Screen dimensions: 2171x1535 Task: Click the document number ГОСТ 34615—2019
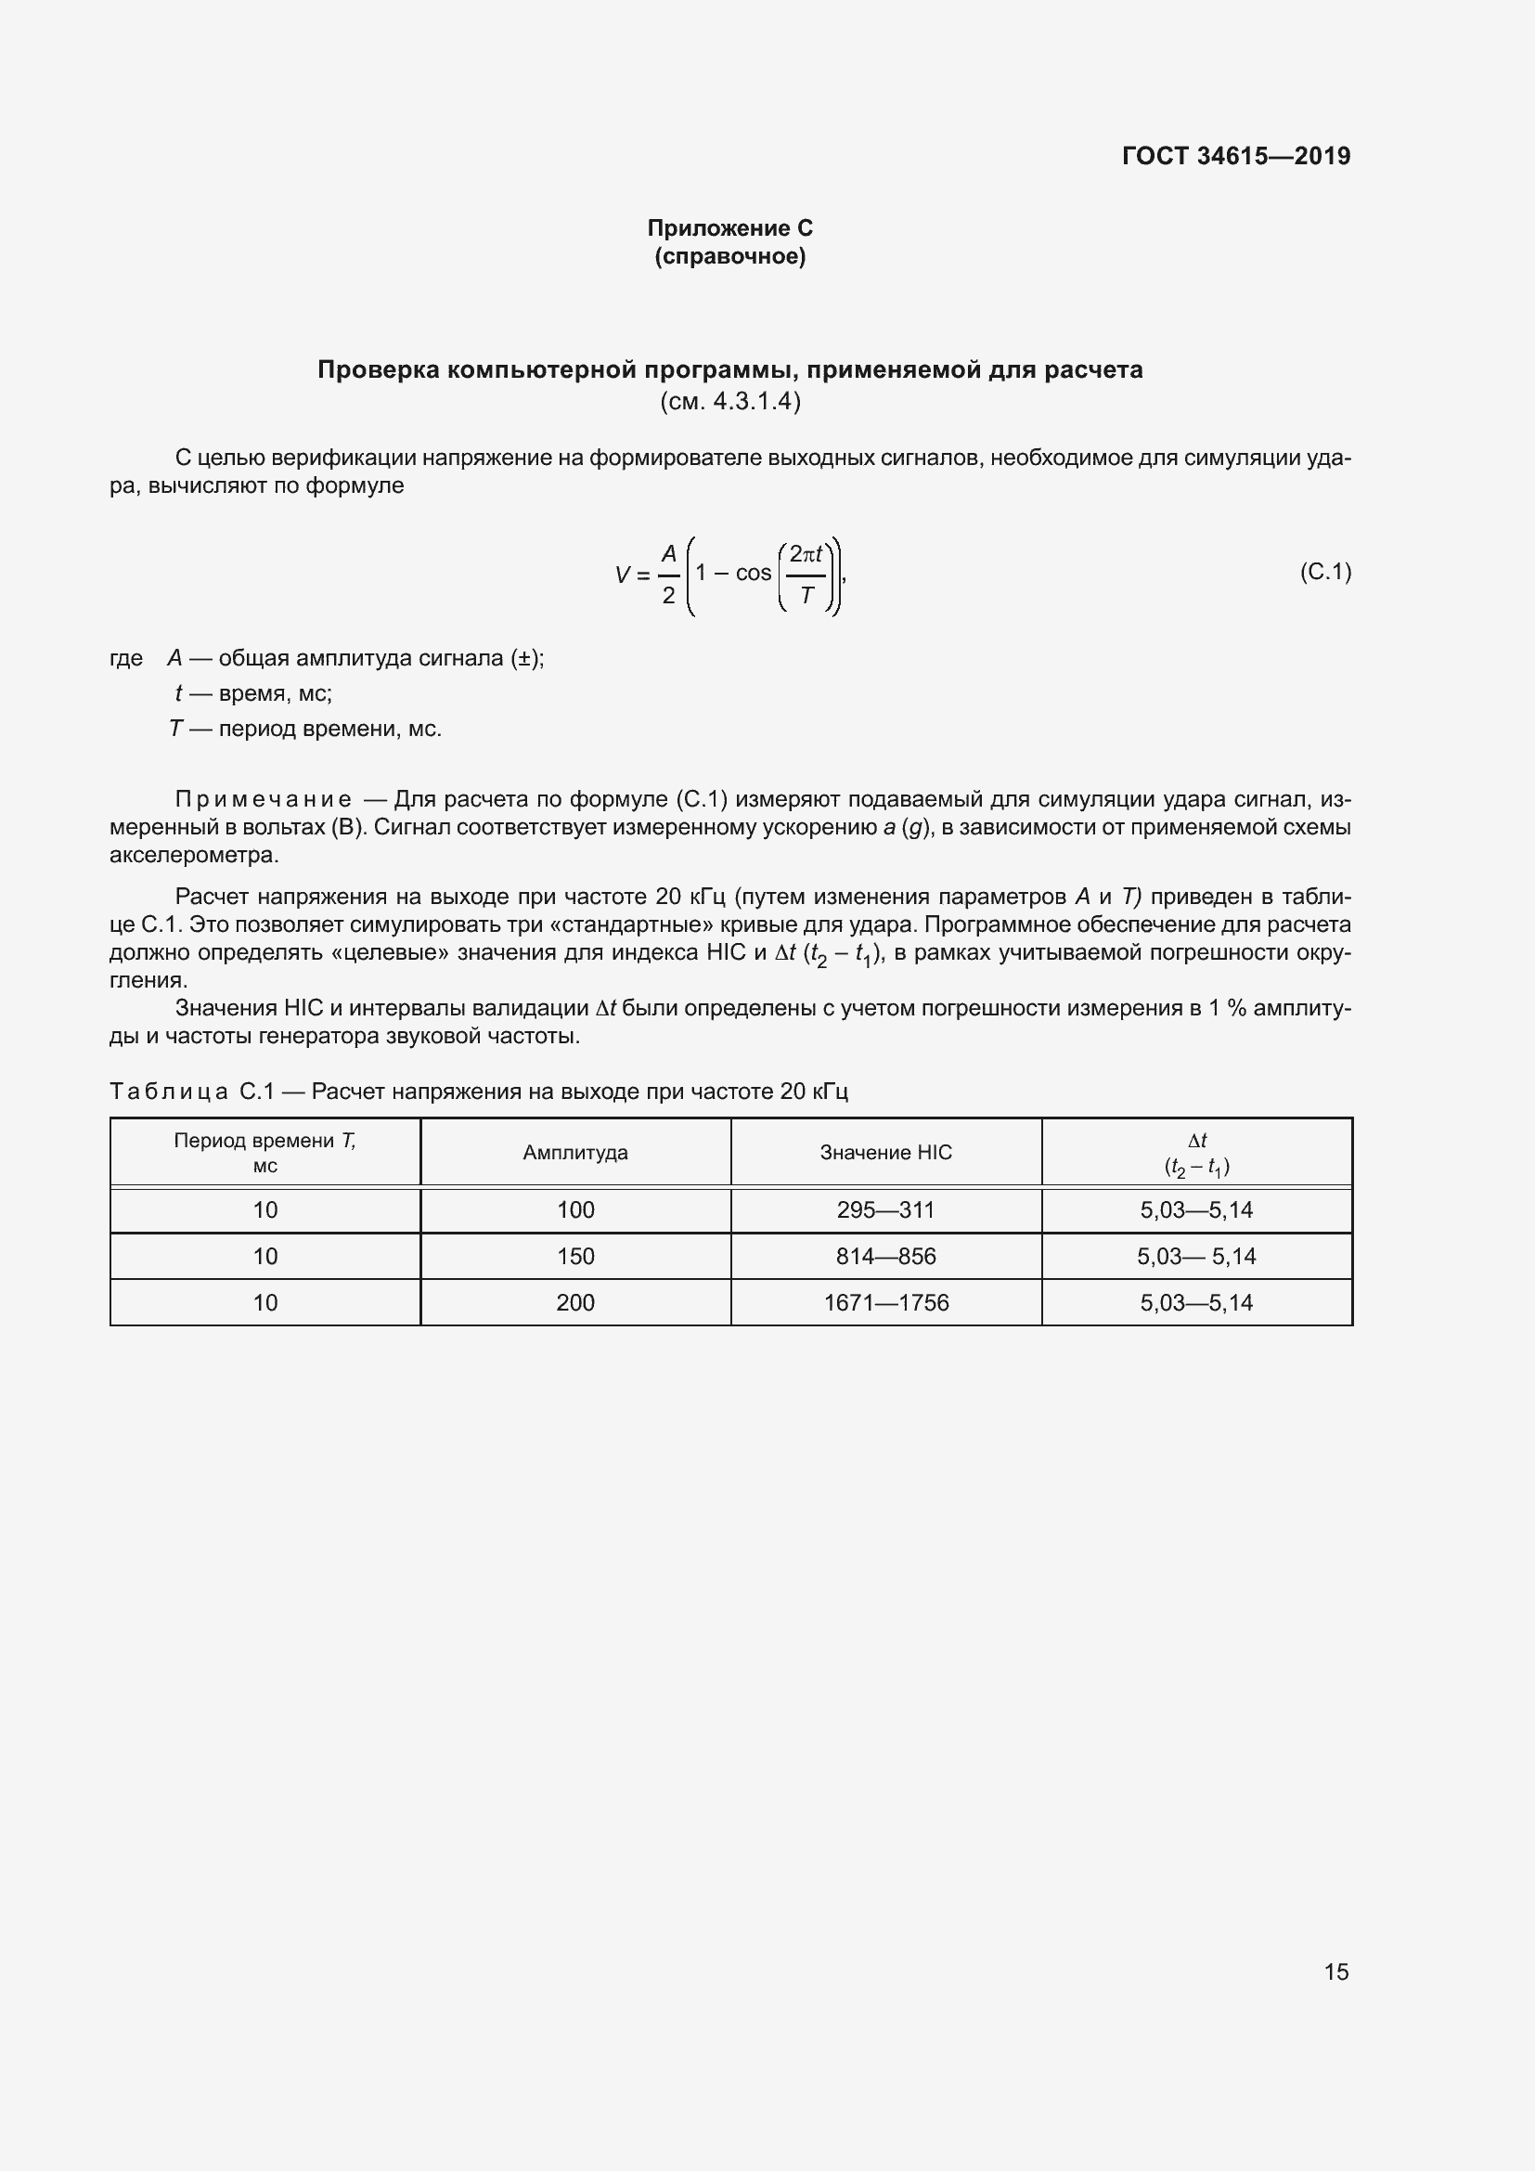(x=1235, y=156)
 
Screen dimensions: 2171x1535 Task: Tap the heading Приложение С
(x=729, y=228)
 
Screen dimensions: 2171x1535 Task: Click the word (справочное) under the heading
(x=729, y=256)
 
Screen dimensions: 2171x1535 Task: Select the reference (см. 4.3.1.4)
(x=729, y=401)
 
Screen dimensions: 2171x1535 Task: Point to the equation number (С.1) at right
(x=1325, y=571)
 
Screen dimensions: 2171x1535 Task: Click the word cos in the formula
(x=754, y=573)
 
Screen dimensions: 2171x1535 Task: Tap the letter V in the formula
(x=622, y=574)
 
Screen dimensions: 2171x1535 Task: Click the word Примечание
(x=263, y=800)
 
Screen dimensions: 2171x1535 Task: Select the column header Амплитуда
(x=574, y=1152)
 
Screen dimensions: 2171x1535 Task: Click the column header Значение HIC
(x=885, y=1152)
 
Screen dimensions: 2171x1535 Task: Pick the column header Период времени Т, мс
(x=264, y=1152)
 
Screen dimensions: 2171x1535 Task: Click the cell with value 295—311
(x=885, y=1209)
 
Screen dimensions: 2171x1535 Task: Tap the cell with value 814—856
(x=885, y=1256)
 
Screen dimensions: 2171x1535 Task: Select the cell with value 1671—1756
(x=885, y=1302)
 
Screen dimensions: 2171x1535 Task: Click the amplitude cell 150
(x=574, y=1256)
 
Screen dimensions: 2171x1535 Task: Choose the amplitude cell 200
(x=574, y=1302)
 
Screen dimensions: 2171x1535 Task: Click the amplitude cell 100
(x=574, y=1209)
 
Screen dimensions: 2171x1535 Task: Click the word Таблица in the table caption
(x=169, y=1092)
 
